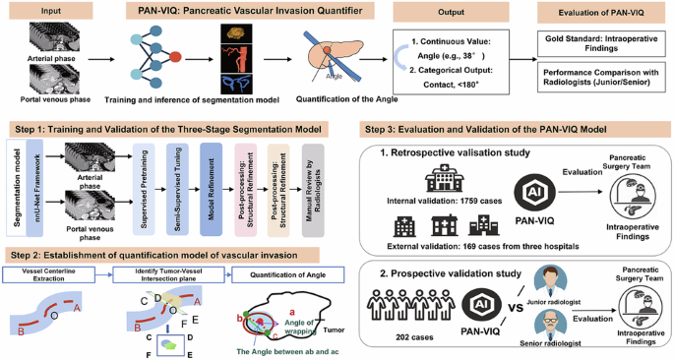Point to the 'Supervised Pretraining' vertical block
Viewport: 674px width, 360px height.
click(x=144, y=183)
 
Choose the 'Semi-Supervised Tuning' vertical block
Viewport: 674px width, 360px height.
click(x=175, y=183)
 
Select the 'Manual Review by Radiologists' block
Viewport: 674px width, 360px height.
click(x=312, y=183)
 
